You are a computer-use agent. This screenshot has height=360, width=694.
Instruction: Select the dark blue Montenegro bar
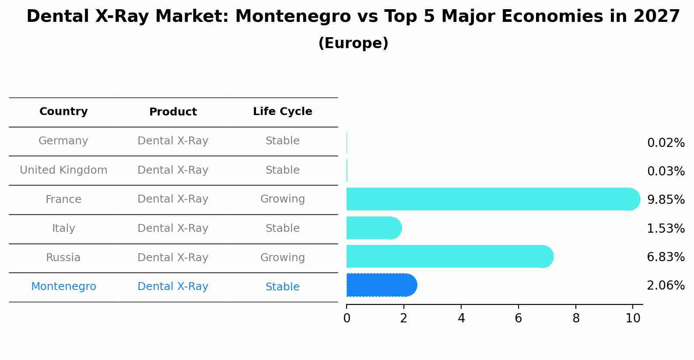(x=381, y=285)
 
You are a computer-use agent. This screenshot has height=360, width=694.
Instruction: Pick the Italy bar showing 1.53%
(x=373, y=228)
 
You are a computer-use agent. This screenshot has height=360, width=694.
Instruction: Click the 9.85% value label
(x=666, y=200)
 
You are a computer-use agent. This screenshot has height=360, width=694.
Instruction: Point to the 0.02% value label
(x=666, y=143)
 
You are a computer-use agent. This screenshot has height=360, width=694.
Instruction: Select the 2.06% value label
(x=666, y=286)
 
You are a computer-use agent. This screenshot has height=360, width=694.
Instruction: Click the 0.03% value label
(x=666, y=171)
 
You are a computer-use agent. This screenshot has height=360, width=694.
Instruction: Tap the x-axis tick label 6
(x=519, y=318)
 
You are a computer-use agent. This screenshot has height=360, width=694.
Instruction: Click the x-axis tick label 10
(x=633, y=318)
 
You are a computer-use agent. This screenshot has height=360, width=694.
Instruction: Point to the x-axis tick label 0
(x=347, y=318)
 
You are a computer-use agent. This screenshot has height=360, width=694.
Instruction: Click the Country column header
(x=63, y=112)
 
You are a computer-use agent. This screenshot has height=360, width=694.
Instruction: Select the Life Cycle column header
(x=283, y=112)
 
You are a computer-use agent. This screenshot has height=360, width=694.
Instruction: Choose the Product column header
(x=173, y=112)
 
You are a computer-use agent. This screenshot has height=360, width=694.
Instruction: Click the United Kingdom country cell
(x=63, y=170)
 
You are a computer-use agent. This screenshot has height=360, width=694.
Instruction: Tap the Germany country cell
(x=63, y=141)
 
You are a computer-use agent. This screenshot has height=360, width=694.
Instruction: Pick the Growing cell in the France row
(x=283, y=199)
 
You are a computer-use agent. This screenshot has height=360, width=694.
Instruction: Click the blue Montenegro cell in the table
(x=63, y=287)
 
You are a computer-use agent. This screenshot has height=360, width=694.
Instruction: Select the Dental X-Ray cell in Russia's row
(x=173, y=258)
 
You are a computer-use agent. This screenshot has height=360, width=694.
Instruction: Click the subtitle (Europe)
(x=353, y=43)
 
